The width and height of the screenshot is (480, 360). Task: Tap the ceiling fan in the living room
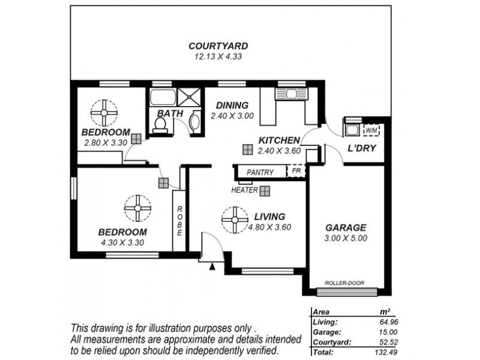click(233, 220)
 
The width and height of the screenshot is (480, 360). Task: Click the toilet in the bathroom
click(160, 124)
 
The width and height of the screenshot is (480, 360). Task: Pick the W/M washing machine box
click(372, 130)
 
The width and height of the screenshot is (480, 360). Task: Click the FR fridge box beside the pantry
click(296, 172)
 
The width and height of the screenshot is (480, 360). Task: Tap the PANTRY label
click(260, 173)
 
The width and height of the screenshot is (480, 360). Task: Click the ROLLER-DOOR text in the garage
click(344, 283)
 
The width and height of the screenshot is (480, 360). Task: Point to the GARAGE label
click(346, 228)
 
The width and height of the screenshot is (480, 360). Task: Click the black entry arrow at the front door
click(211, 267)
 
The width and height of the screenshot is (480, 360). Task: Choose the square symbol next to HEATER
click(265, 190)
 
